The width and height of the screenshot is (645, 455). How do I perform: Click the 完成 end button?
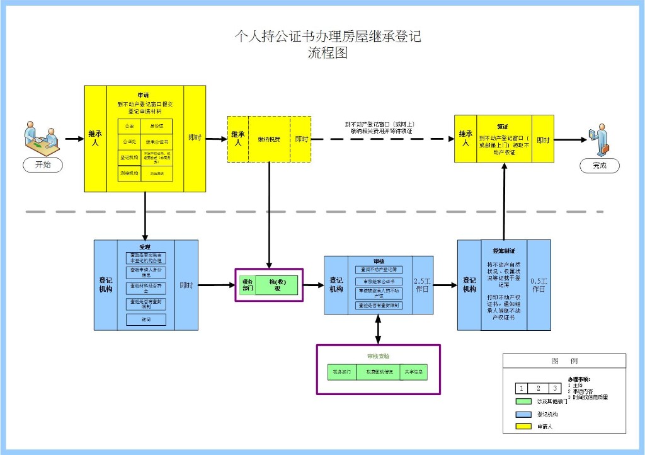click(x=599, y=165)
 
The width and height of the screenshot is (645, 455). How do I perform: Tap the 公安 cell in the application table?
click(x=128, y=126)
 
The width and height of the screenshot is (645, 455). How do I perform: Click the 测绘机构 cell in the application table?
click(x=128, y=172)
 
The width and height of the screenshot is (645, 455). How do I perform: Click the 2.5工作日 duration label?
click(x=423, y=285)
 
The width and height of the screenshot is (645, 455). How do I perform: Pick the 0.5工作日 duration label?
click(x=539, y=285)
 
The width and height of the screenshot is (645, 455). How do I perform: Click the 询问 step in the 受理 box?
click(x=146, y=320)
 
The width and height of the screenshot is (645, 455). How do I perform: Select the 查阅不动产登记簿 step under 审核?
click(x=378, y=269)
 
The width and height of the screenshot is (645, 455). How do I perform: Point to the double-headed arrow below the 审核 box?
click(x=378, y=328)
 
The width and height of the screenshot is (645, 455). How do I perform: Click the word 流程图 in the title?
click(x=327, y=54)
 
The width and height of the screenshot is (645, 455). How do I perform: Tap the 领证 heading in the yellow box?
click(x=502, y=126)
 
